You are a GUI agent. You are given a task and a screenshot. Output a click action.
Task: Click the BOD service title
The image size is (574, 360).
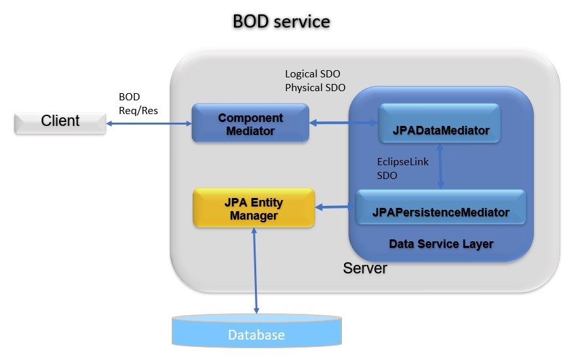click(x=281, y=22)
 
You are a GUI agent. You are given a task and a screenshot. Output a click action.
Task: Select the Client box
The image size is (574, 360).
click(x=60, y=121)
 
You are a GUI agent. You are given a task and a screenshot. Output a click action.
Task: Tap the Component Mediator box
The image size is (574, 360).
click(x=250, y=123)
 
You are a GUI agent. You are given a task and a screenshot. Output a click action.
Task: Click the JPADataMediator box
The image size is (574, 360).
click(x=439, y=130)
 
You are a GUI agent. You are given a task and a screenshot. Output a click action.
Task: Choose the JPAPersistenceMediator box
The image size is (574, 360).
click(x=440, y=212)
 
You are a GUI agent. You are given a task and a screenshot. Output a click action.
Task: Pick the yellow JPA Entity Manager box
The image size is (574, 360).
click(x=254, y=208)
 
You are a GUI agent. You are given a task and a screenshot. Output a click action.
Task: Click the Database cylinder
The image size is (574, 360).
click(x=256, y=334)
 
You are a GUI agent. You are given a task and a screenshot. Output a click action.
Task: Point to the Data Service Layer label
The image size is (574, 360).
click(x=440, y=244)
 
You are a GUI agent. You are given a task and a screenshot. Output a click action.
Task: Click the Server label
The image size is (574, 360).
click(x=365, y=268)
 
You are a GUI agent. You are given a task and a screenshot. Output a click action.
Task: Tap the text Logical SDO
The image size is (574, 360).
click(x=313, y=73)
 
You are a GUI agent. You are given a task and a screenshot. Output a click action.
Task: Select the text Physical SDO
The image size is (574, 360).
click(x=315, y=87)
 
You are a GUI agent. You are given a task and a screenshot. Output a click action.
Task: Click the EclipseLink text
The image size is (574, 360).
click(x=403, y=161)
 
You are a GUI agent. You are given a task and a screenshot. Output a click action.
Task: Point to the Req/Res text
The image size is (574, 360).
click(x=138, y=110)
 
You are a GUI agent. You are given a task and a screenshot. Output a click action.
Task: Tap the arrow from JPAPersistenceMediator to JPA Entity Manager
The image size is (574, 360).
click(x=335, y=207)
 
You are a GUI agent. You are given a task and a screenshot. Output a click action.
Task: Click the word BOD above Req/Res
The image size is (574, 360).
click(x=129, y=96)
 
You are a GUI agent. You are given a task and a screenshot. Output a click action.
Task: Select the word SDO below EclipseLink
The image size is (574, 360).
click(x=387, y=176)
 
